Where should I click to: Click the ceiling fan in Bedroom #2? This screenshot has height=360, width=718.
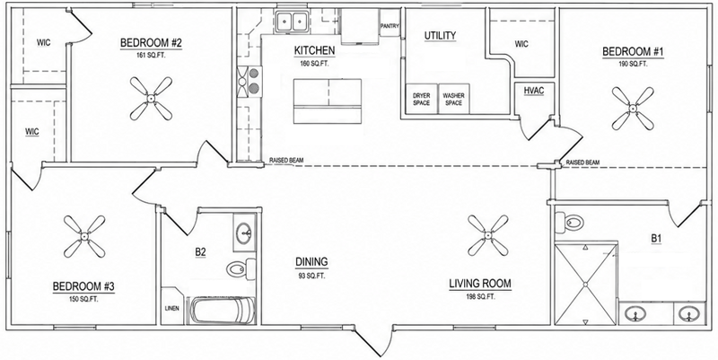coord(151,98)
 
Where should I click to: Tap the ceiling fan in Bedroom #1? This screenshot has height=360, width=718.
coord(633,109)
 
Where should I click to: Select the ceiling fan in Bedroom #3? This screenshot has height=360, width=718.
coord(84,236)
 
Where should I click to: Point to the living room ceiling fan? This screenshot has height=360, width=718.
coord(487,235)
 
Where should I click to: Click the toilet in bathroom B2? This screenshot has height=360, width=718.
coord(241,268)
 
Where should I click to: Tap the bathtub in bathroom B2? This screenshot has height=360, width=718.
coord(223,311)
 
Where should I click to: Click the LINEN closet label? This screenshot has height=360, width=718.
coord(171,308)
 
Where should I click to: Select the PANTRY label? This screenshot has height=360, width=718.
coord(390,26)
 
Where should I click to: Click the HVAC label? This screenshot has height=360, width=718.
coord(534,91)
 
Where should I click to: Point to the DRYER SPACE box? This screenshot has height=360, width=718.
coord(421,99)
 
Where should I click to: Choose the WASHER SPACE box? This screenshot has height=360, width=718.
coord(453,99)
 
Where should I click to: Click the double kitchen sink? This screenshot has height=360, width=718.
coord(291,21)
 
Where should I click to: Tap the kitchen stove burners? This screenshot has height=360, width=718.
coord(250,82)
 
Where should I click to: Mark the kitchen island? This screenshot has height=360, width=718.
coord(328,101)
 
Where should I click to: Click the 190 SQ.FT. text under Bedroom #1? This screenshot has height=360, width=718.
coord(633,64)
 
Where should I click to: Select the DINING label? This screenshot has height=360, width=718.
coord(311,262)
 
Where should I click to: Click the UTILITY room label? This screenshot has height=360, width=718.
coord(440,36)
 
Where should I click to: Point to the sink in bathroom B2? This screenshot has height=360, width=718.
coord(243,233)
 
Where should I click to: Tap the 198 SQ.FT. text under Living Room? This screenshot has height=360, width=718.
coord(480,297)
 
